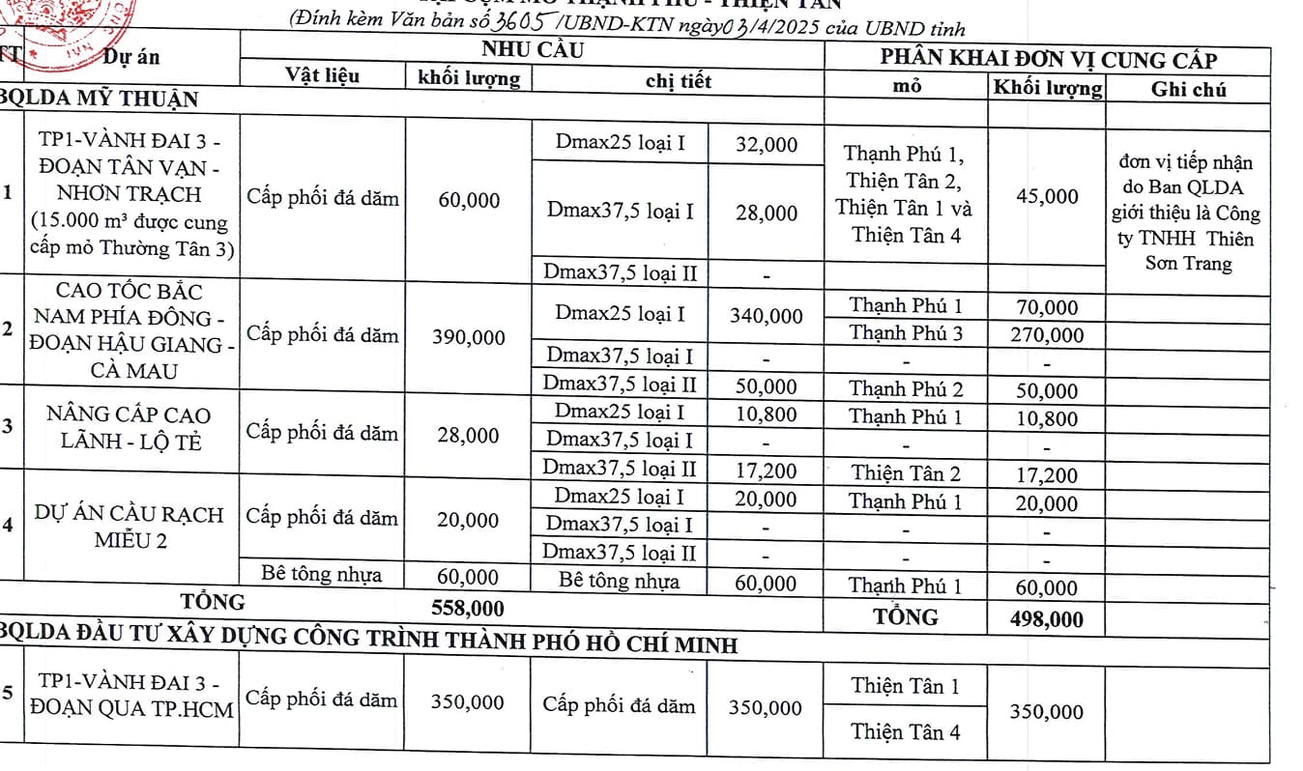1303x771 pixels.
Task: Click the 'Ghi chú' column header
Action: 1188,90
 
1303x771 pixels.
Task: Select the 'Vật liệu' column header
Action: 322,75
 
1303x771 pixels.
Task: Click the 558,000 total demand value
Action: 468,608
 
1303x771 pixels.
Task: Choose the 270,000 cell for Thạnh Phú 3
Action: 1047,335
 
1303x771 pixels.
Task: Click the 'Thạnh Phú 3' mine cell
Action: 906,333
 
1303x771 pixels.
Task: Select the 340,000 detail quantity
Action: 766,316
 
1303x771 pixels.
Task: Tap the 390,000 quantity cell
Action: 468,336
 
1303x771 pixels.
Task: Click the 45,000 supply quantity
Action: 1047,196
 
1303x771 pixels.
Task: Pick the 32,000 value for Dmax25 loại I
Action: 766,145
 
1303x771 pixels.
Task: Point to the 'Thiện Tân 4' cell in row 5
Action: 906,731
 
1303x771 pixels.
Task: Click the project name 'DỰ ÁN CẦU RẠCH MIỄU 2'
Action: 130,527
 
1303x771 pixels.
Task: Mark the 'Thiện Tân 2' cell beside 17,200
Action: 906,473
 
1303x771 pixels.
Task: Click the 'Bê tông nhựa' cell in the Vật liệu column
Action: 322,575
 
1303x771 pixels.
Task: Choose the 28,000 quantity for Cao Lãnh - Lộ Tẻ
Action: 468,436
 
